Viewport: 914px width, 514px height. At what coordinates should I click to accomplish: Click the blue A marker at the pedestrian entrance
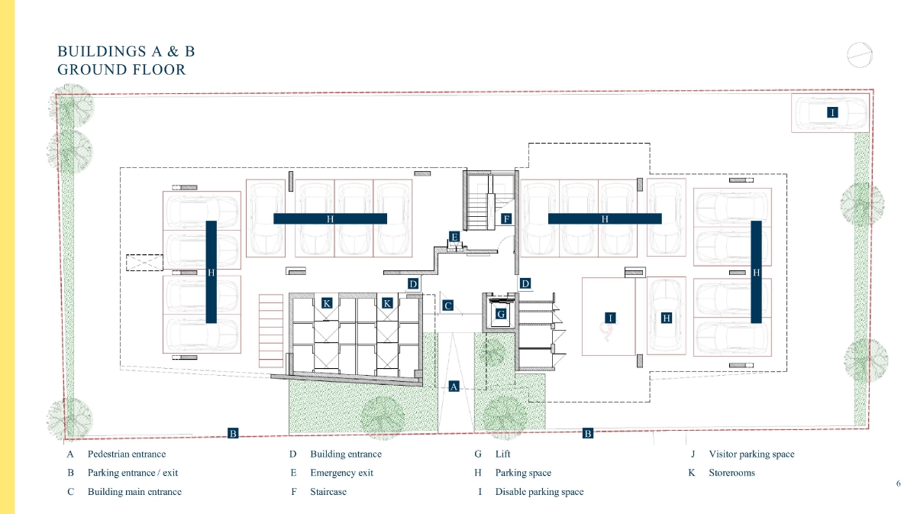454,386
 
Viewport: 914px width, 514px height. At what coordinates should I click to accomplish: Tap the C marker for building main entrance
447,305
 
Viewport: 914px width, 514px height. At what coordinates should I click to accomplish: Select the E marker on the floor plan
454,237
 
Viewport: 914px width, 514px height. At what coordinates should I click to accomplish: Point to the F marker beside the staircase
506,219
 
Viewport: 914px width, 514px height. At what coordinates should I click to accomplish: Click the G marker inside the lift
501,314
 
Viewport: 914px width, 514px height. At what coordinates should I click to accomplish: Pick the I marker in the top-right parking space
832,112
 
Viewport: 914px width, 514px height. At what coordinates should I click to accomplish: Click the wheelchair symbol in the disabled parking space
607,332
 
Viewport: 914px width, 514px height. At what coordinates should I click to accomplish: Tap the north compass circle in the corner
860,55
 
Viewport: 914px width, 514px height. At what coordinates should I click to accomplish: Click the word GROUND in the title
92,70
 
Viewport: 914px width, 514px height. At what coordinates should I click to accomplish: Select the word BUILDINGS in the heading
102,51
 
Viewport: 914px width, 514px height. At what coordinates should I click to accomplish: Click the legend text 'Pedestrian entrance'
127,454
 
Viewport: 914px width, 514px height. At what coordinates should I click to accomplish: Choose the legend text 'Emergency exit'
341,473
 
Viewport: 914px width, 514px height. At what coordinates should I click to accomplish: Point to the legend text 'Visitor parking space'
751,454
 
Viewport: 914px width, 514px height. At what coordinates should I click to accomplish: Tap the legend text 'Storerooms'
732,473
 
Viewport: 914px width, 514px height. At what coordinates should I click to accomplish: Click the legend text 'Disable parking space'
539,492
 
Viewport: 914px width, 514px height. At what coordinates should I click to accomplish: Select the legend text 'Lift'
502,454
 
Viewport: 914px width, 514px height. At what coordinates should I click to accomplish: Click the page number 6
898,483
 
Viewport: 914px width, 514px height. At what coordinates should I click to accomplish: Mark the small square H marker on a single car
667,318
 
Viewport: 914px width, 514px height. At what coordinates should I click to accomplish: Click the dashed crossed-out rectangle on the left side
144,262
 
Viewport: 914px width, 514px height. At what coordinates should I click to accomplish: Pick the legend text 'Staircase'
328,492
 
